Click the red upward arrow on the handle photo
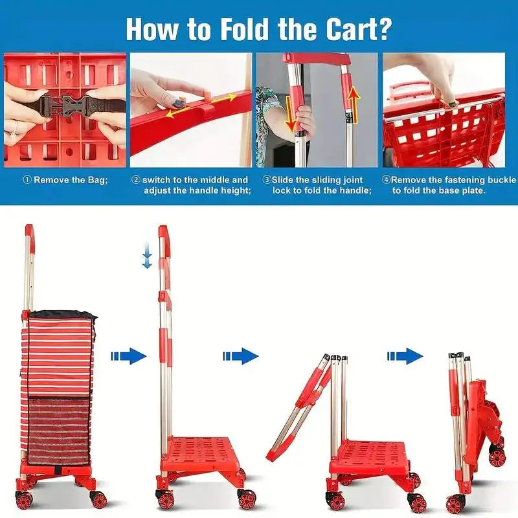click(x=354, y=103)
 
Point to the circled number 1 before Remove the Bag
click(x=27, y=180)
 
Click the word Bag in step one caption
click(x=98, y=180)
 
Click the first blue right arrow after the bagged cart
click(x=128, y=355)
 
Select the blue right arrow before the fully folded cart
click(x=405, y=355)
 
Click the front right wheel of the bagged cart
click(x=99, y=499)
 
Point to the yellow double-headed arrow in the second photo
click(x=201, y=106)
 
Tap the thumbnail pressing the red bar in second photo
click(x=179, y=102)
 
